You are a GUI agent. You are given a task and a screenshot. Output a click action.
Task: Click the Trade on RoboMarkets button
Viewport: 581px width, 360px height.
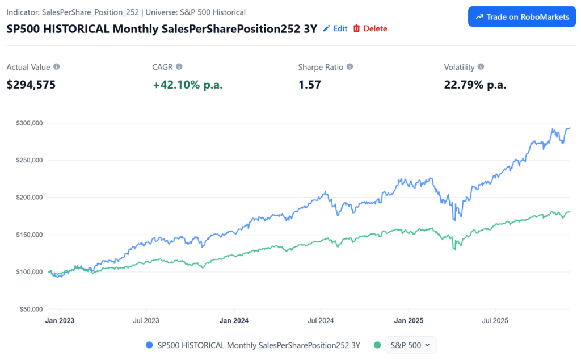coord(522,17)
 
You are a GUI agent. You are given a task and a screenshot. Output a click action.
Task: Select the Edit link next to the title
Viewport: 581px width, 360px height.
coord(335,28)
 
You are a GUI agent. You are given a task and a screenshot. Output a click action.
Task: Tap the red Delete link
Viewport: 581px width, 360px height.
coord(370,28)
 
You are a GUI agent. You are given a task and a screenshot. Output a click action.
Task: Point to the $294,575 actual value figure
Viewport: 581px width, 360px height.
coord(31,85)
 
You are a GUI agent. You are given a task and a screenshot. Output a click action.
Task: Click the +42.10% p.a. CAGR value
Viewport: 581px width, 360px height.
coord(188,85)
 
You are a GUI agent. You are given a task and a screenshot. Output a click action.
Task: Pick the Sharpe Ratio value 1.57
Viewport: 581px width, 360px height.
coord(310,85)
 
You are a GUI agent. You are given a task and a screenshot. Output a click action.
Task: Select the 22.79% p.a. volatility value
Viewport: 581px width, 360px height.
coord(475,85)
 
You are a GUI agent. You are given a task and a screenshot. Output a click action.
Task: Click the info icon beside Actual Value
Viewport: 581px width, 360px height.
coord(56,67)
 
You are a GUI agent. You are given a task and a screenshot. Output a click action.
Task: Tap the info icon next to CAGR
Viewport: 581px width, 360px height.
coord(179,67)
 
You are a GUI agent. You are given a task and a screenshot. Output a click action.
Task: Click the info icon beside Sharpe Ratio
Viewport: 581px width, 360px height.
coord(350,67)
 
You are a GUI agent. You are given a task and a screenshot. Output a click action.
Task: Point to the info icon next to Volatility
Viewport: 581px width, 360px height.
coord(481,67)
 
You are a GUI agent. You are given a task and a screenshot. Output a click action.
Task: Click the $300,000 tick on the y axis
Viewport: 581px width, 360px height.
coord(30,123)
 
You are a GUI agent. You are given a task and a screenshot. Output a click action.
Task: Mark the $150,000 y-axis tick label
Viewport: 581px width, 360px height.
coord(30,235)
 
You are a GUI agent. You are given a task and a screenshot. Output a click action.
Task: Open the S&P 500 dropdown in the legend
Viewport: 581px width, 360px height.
coord(411,345)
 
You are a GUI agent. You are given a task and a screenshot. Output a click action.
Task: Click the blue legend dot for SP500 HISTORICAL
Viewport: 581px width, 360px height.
coord(149,345)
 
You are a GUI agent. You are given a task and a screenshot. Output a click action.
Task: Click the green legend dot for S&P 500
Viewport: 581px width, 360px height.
coord(377,345)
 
